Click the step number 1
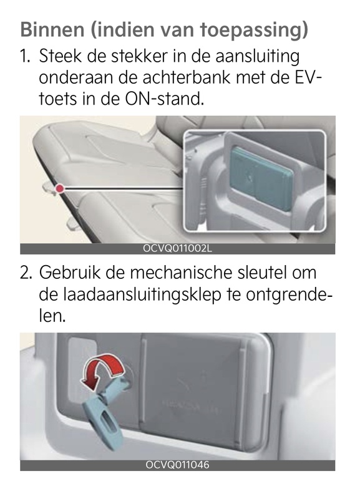tap(25, 56)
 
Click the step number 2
tap(26, 273)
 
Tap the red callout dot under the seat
tap(59, 189)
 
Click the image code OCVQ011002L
tap(178, 248)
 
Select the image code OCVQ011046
tap(178, 465)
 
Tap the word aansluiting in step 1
tap(258, 57)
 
